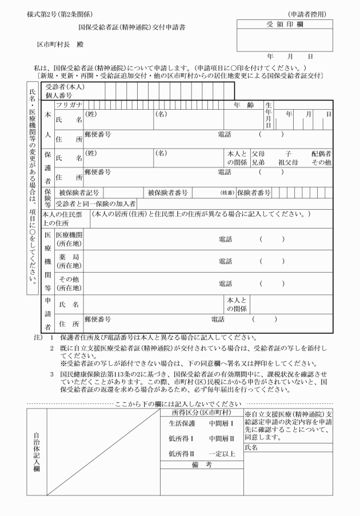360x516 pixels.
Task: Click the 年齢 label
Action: point(244,105)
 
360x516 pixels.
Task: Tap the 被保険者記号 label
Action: point(79,192)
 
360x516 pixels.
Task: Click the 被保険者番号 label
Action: point(168,192)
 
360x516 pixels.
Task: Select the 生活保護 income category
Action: point(182,407)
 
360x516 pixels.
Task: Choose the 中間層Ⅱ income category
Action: point(223,422)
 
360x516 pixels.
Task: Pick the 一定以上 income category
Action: point(223,437)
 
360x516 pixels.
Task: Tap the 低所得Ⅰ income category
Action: point(181,422)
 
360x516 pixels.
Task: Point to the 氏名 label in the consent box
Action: point(251,432)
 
